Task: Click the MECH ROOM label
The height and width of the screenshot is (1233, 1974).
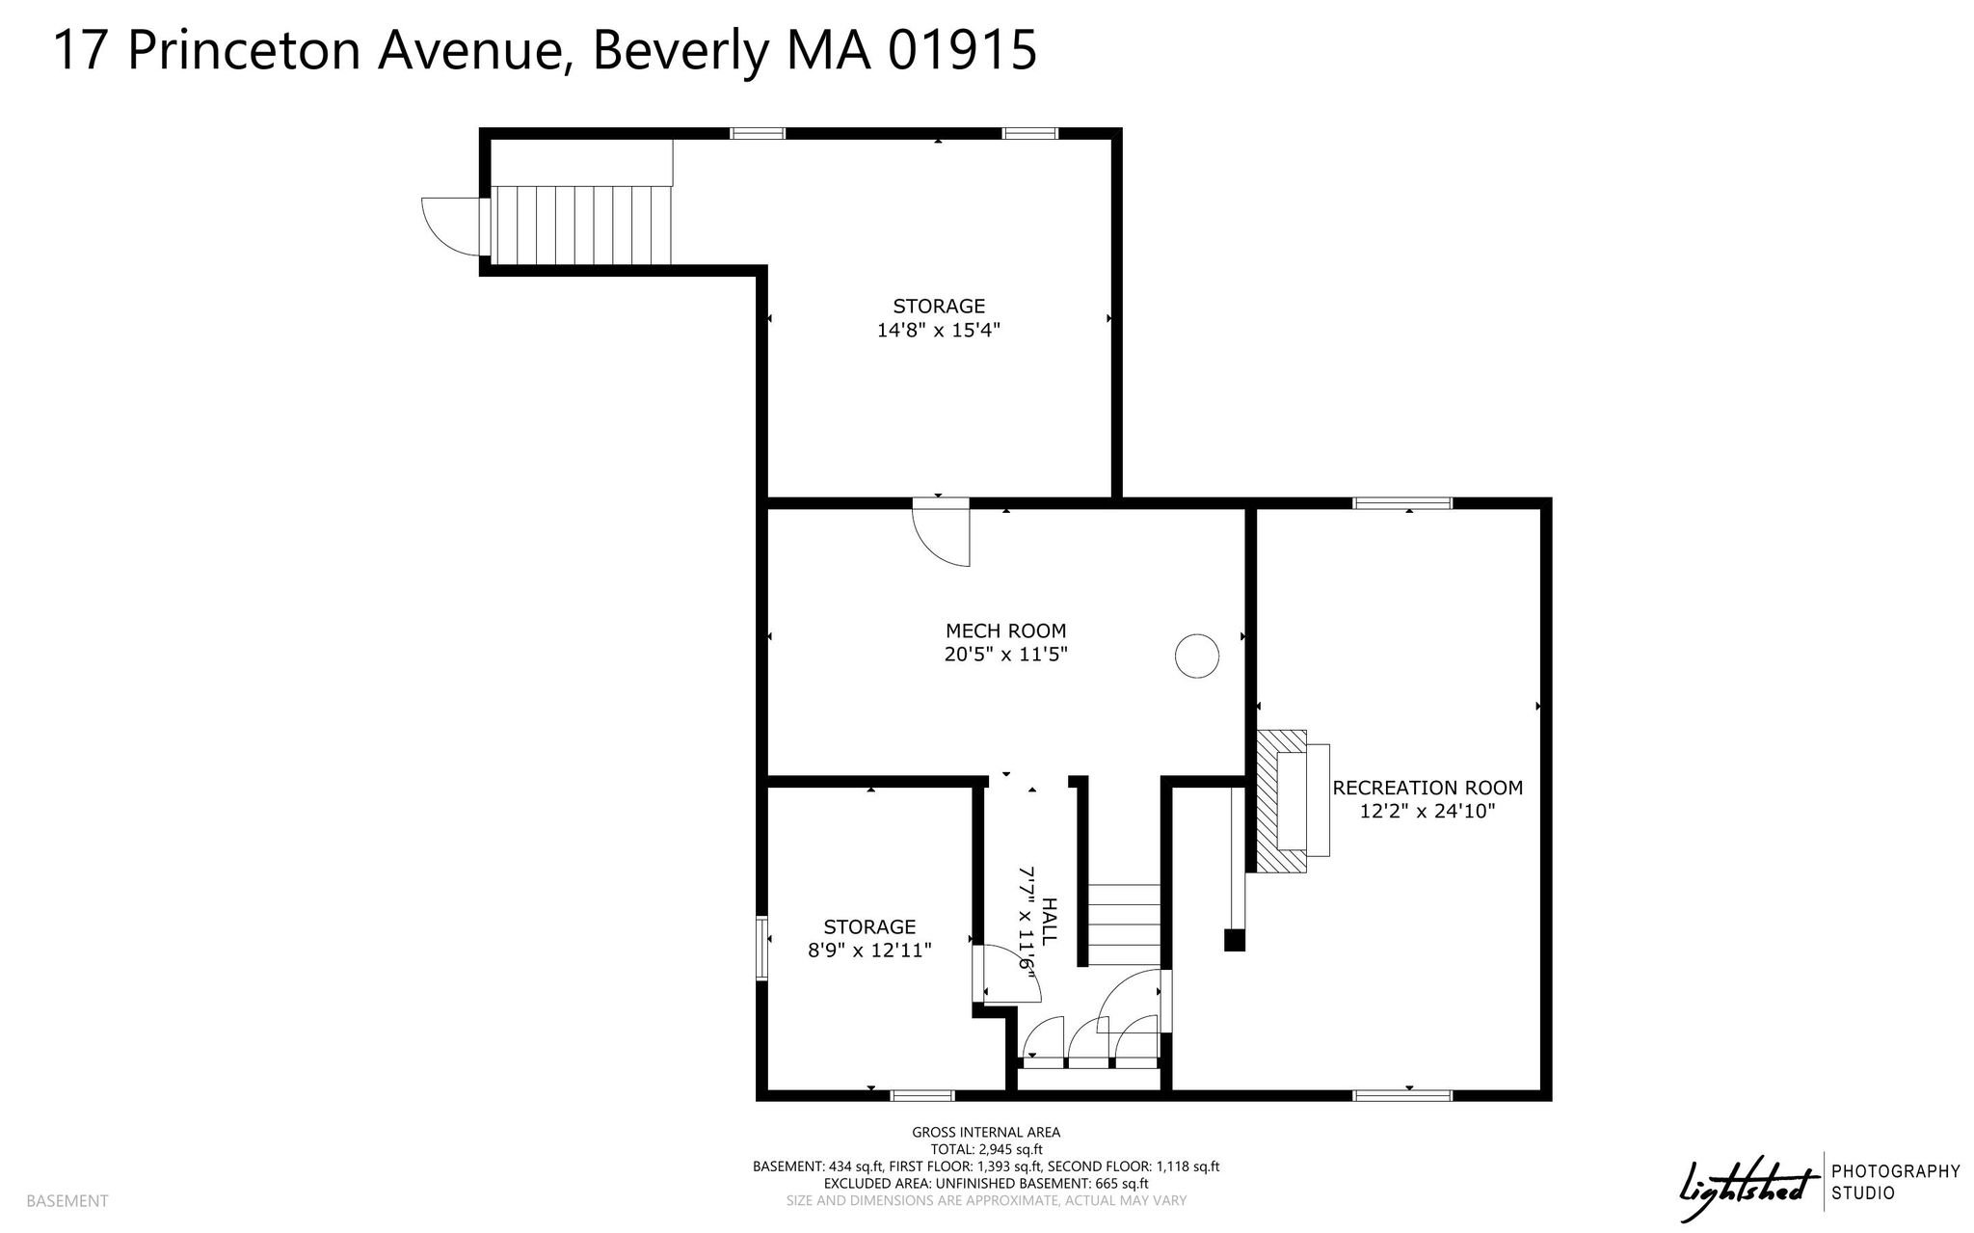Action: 1005,631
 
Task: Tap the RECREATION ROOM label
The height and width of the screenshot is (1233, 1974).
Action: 1427,788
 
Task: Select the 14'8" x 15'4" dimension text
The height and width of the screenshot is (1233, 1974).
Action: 939,330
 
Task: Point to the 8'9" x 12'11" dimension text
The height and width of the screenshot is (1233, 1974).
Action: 869,951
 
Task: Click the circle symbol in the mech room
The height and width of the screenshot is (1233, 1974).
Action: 1197,656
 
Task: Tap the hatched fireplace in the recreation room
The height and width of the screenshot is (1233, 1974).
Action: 1282,801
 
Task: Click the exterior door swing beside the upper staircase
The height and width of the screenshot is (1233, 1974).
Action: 450,227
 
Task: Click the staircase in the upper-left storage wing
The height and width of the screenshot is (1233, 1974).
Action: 581,225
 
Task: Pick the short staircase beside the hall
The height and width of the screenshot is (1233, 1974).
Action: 1124,925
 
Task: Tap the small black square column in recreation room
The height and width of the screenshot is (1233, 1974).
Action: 1234,941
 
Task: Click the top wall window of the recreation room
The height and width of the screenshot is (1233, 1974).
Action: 1402,502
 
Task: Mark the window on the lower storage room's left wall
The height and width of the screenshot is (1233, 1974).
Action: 761,948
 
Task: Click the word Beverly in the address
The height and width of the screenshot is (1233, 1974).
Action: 681,50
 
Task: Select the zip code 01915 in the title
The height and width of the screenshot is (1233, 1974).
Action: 962,50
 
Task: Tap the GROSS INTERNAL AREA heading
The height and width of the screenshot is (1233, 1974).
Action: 986,1133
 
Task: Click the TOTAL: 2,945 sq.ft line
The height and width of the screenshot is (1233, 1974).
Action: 986,1149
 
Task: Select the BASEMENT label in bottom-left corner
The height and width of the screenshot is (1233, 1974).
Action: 67,1201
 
